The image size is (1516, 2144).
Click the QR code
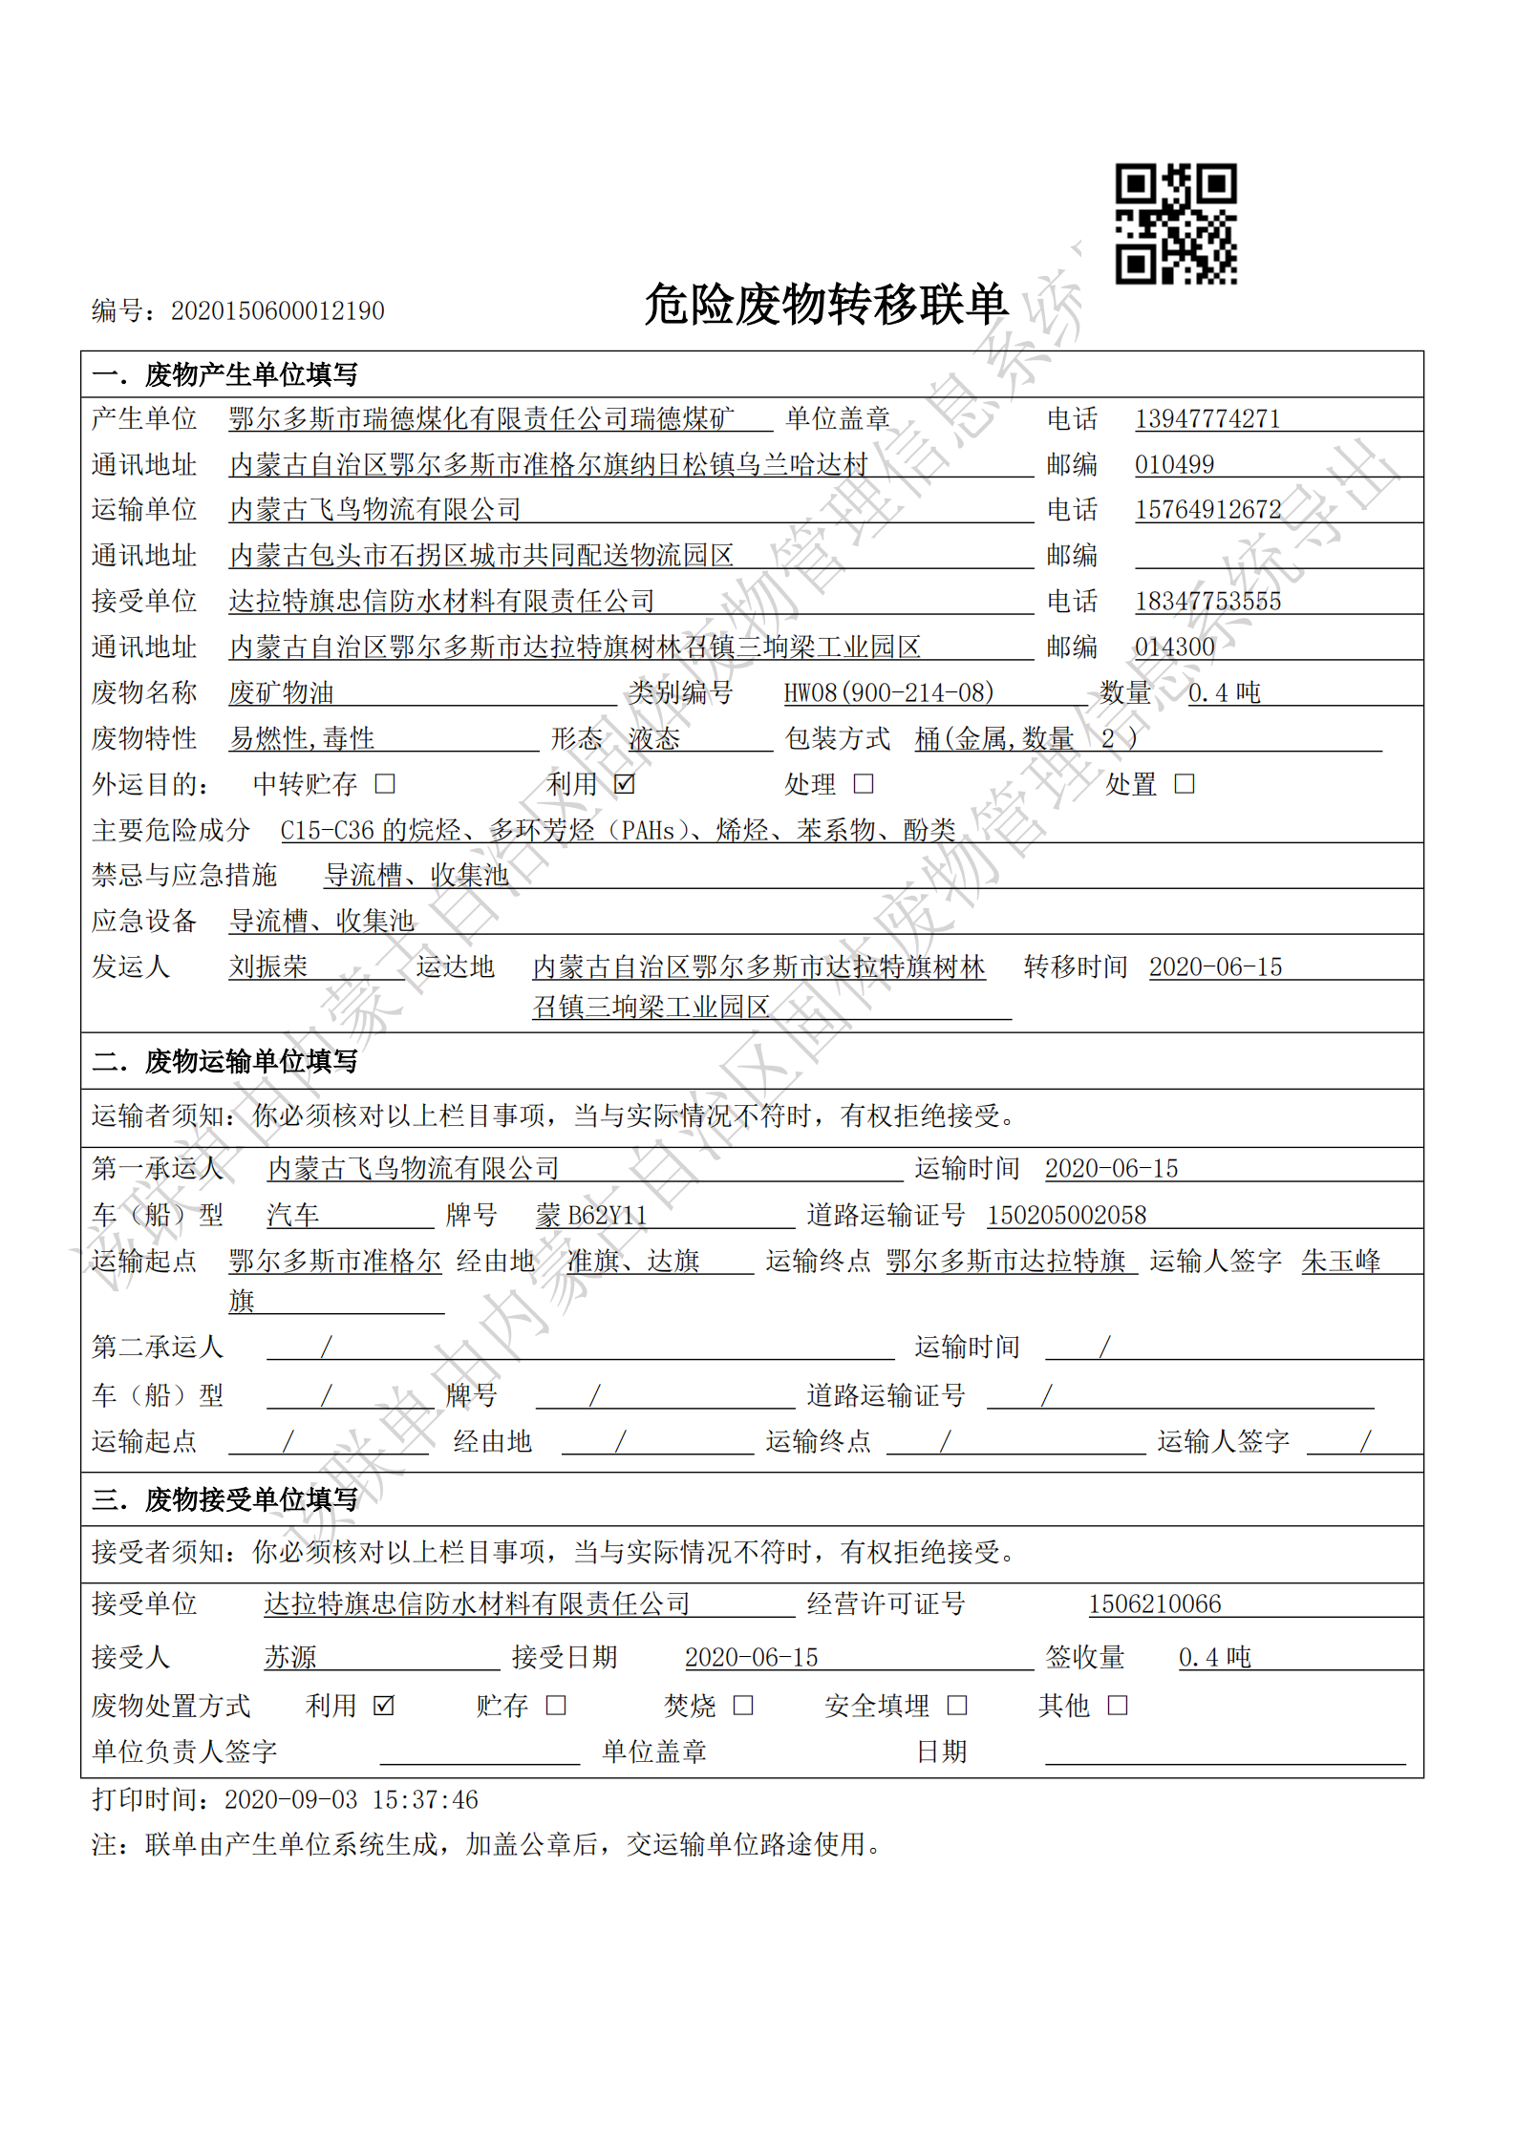click(1176, 223)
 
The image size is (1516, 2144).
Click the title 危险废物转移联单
click(825, 305)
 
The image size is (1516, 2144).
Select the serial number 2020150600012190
click(277, 311)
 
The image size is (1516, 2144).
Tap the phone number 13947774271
click(1206, 419)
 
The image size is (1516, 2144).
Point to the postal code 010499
click(1174, 465)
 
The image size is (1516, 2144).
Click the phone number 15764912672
click(1207, 510)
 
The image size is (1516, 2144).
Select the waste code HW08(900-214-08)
click(888, 692)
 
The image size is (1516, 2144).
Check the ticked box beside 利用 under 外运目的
click(625, 784)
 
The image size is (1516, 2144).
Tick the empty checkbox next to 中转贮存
click(385, 784)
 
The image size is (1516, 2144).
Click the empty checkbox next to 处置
click(1185, 784)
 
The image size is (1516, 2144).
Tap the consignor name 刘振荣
click(268, 966)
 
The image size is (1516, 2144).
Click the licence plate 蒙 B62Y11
click(591, 1216)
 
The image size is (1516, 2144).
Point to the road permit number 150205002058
click(1066, 1216)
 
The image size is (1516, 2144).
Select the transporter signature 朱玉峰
click(1341, 1262)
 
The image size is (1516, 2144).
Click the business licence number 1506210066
click(1154, 1604)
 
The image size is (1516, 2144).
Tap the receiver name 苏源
click(290, 1657)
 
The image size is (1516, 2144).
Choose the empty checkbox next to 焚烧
click(743, 1706)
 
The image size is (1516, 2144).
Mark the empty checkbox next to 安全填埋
click(957, 1706)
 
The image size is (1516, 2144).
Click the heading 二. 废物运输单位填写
click(225, 1061)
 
